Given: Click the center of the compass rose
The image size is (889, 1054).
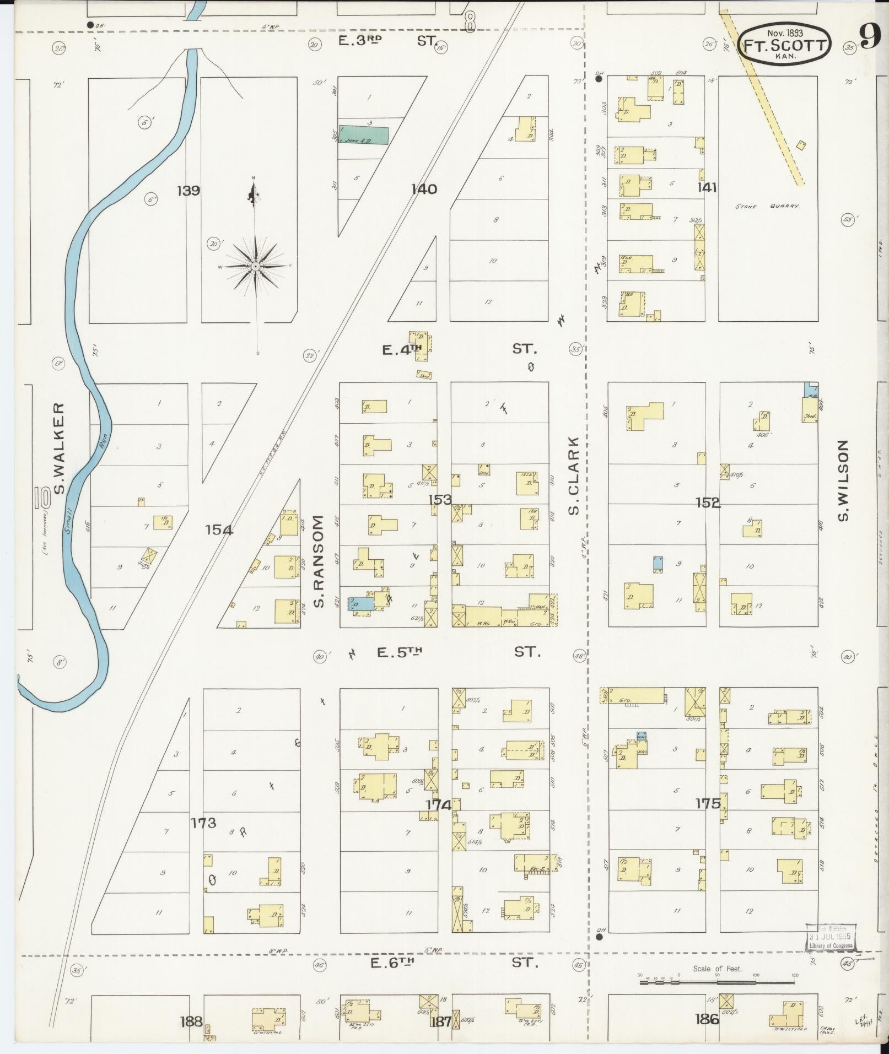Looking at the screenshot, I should pyautogui.click(x=255, y=267).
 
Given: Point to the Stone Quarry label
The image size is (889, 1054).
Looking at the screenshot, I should pyautogui.click(x=767, y=207).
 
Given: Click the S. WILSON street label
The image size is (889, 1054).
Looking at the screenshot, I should pyautogui.click(x=842, y=480).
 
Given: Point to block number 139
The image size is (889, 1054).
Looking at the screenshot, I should pyautogui.click(x=188, y=191).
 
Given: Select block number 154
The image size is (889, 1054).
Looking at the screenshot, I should pyautogui.click(x=219, y=530).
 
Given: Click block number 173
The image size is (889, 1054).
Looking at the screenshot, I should pyautogui.click(x=203, y=823).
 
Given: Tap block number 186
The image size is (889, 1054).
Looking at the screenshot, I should pyautogui.click(x=707, y=1019).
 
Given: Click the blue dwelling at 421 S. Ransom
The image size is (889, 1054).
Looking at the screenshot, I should pyautogui.click(x=360, y=604).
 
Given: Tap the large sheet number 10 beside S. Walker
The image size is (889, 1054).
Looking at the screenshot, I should pyautogui.click(x=42, y=497).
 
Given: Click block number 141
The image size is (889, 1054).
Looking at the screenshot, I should pyautogui.click(x=707, y=188).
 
